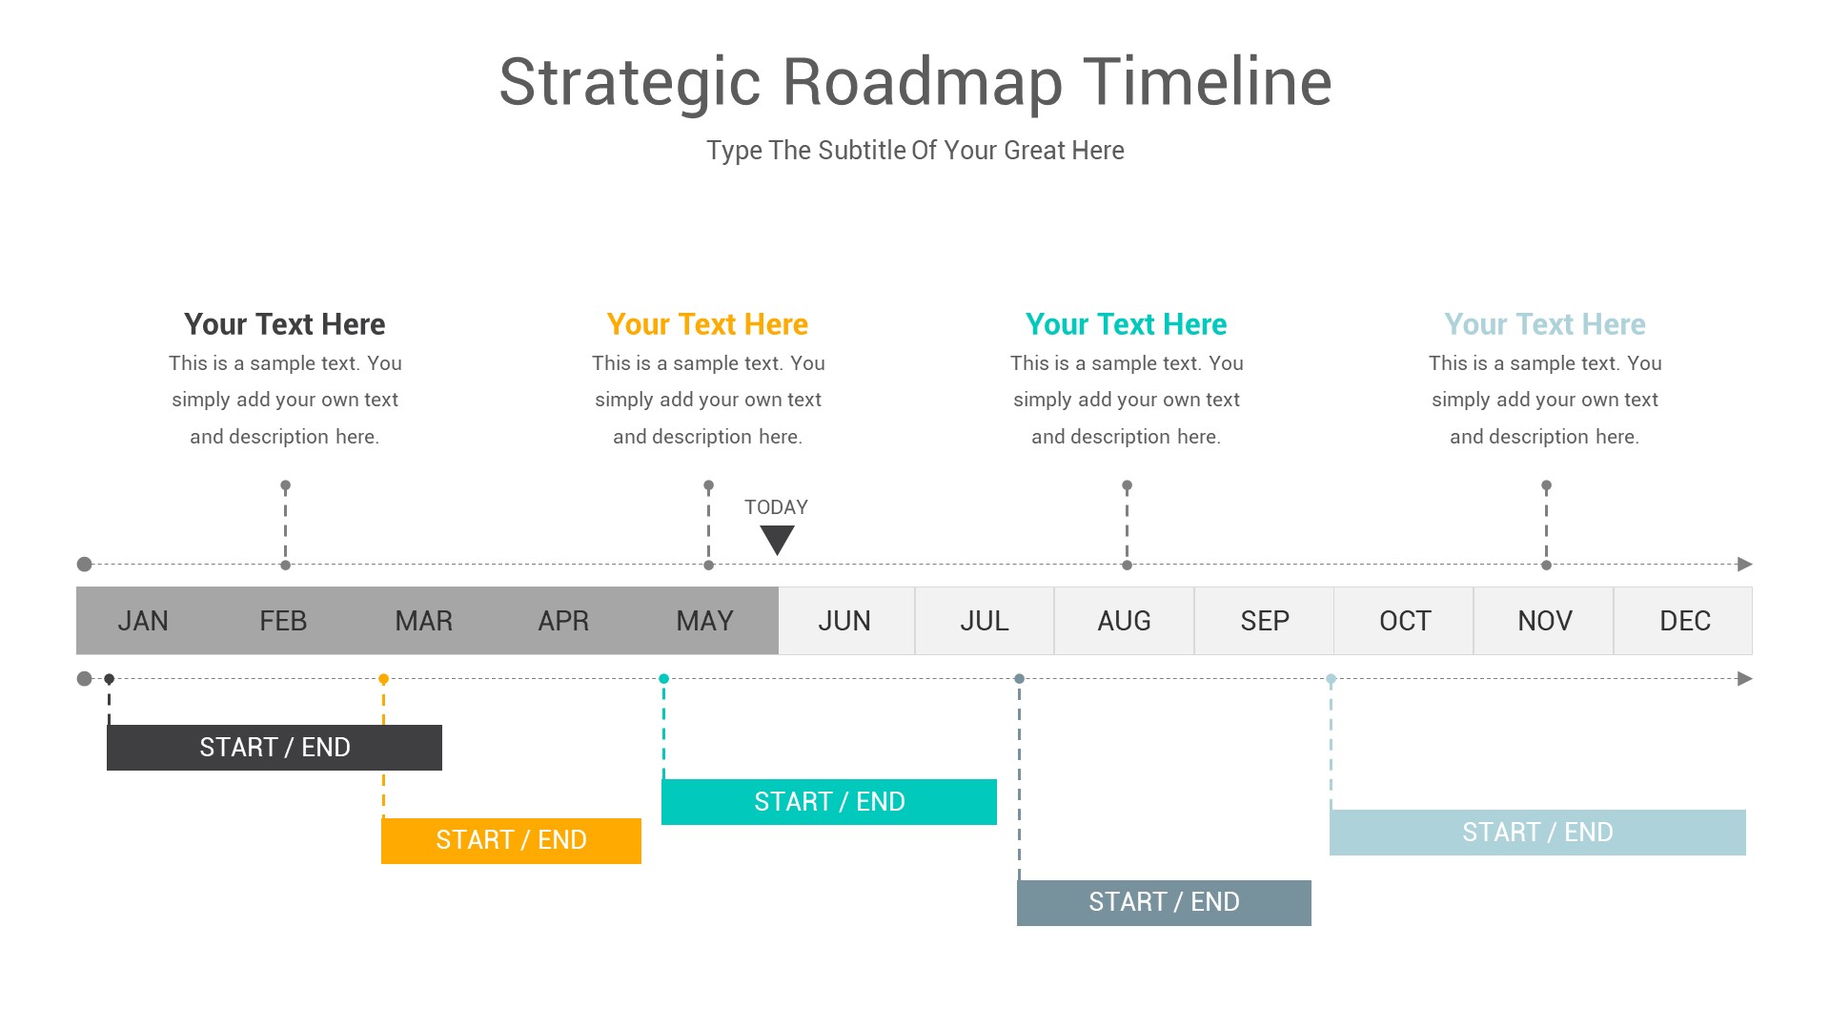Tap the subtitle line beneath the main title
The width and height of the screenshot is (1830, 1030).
coord(915,151)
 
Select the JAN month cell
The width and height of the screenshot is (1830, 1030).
coord(143,621)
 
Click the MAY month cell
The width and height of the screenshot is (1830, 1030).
coord(704,621)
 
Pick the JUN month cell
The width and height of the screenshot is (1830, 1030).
coord(844,621)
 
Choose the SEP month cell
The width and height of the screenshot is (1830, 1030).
coord(1264,621)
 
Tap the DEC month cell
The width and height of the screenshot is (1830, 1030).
coord(1684,621)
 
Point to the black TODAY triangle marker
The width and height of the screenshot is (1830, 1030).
coord(777,539)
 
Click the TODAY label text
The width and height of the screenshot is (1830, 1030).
coord(776,507)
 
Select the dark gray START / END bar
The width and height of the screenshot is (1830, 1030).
coord(274,748)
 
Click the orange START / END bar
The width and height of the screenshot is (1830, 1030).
coord(511,840)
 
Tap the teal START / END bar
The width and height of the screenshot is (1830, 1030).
coord(829,802)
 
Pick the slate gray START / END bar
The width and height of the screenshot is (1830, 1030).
coord(1164,902)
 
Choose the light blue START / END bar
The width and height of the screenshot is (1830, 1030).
coord(1537,833)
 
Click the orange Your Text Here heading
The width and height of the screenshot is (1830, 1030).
coord(707,324)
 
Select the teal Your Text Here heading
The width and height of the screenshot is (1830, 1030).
coord(1126,324)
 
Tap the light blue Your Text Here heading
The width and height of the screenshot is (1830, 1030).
coord(1544,324)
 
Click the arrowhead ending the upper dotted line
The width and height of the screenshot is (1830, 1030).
coord(1744,565)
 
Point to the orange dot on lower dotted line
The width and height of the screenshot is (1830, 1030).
coord(383,679)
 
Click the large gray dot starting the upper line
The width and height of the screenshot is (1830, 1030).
coord(85,565)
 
